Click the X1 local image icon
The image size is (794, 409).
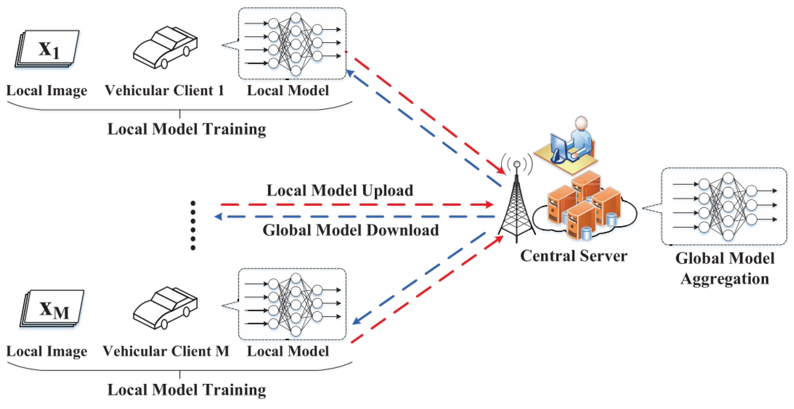47,48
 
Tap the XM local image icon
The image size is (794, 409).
52,308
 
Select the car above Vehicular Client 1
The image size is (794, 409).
165,47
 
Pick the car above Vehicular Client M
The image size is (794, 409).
165,308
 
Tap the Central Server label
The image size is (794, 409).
574,256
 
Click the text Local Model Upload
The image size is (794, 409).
340,190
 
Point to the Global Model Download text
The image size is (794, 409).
350,230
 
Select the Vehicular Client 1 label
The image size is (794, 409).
164,90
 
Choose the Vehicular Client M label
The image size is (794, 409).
166,351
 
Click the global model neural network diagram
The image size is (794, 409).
724,206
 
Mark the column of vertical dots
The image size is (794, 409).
193,225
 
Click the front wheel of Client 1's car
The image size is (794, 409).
164,64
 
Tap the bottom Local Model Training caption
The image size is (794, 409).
186,390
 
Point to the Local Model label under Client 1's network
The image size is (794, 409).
288,90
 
